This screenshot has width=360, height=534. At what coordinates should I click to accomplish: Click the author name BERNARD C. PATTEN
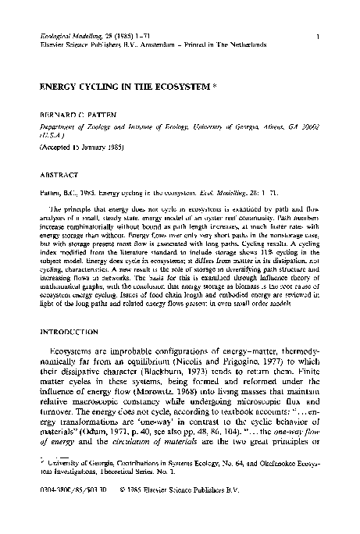point(76,114)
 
